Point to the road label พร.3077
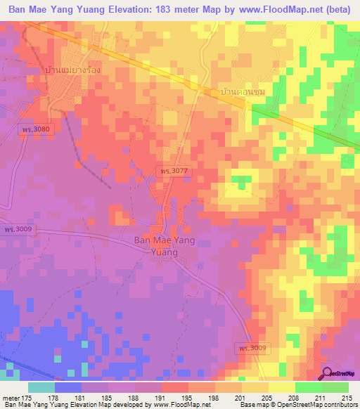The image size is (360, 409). tap(172, 171)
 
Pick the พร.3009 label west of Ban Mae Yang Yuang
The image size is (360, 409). tap(17, 230)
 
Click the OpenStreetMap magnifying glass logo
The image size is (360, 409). tap(328, 374)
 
